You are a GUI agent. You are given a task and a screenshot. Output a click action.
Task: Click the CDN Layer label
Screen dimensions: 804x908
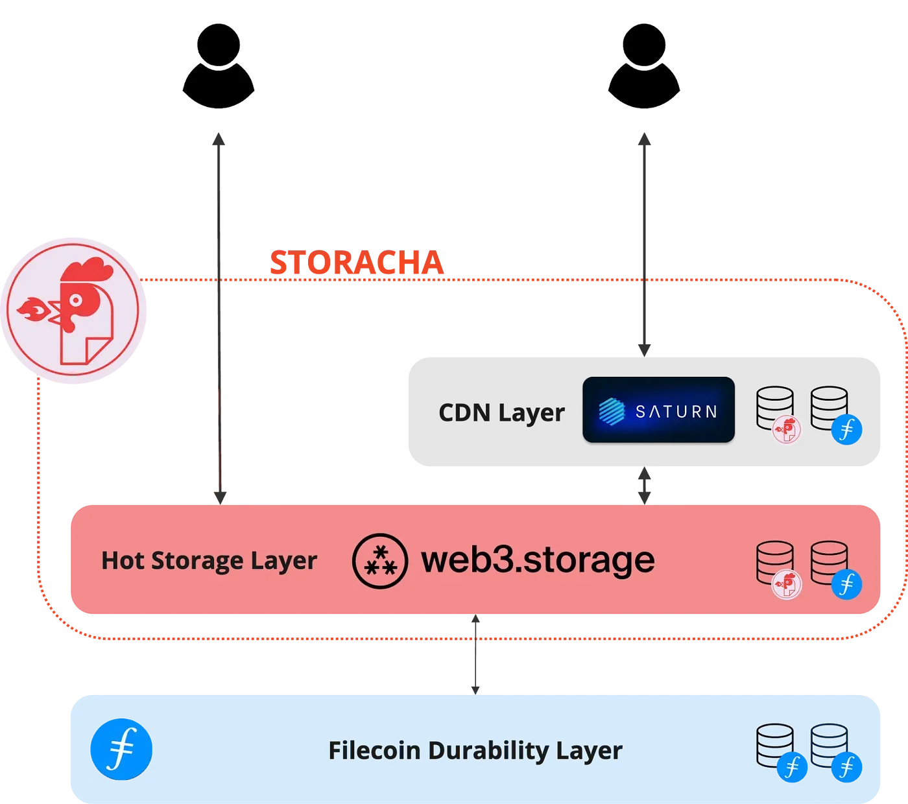pyautogui.click(x=501, y=413)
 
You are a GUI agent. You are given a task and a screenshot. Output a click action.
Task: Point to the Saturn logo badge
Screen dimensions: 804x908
pyautogui.click(x=658, y=410)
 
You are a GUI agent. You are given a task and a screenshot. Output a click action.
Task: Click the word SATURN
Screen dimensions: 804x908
pyautogui.click(x=676, y=412)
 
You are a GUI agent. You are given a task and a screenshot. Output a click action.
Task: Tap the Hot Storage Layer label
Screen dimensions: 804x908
pyautogui.click(x=209, y=561)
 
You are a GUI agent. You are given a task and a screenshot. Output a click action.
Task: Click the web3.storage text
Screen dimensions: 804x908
pyautogui.click(x=538, y=560)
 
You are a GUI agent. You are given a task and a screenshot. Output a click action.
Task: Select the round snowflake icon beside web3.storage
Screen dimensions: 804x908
pyautogui.click(x=380, y=561)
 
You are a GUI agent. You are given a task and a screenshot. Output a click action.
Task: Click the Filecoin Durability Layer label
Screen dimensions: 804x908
pyautogui.click(x=475, y=750)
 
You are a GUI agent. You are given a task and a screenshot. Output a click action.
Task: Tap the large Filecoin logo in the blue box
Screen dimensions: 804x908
pyautogui.click(x=122, y=749)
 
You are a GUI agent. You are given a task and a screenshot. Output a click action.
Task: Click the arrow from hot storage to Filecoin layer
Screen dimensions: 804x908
pyautogui.click(x=476, y=655)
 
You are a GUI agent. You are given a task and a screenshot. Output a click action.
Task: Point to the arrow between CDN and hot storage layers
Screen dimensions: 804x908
pyautogui.click(x=645, y=485)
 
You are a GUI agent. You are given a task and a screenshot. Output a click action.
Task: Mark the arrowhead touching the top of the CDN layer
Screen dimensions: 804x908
pyautogui.click(x=644, y=349)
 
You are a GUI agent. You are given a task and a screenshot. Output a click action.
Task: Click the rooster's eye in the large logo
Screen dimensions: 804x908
pyautogui.click(x=77, y=300)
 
